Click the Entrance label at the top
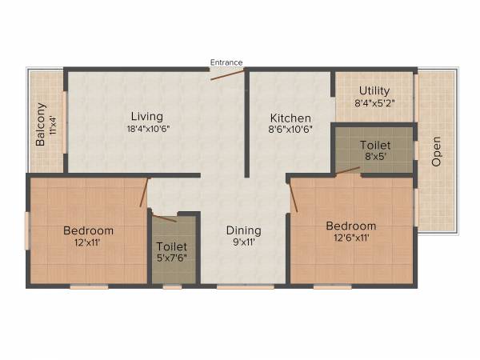point(226,62)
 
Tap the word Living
point(148,117)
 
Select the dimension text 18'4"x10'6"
point(148,130)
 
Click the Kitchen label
point(290,118)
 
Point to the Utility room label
point(374,90)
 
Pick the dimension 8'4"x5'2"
point(374,102)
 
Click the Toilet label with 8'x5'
point(374,146)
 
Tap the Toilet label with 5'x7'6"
point(172,247)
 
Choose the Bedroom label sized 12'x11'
point(89,230)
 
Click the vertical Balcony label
point(41,125)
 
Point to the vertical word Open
point(437,151)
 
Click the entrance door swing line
point(228,74)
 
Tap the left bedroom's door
point(144,192)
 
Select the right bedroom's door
point(294,196)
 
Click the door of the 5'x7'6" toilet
point(164,218)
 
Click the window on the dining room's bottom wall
point(234,286)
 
